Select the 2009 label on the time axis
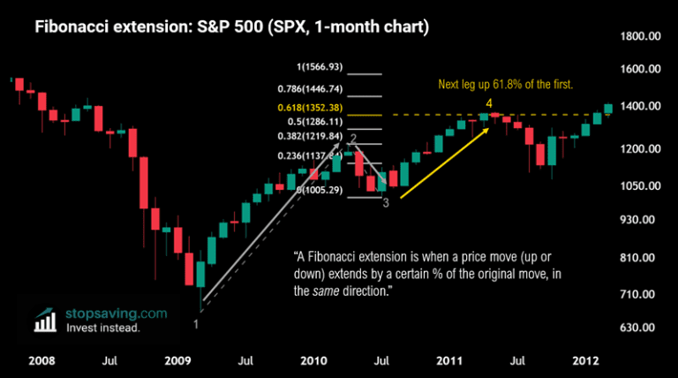click(x=178, y=360)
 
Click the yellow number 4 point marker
click(x=488, y=104)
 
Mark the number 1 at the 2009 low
click(x=195, y=323)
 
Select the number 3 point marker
click(x=385, y=201)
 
